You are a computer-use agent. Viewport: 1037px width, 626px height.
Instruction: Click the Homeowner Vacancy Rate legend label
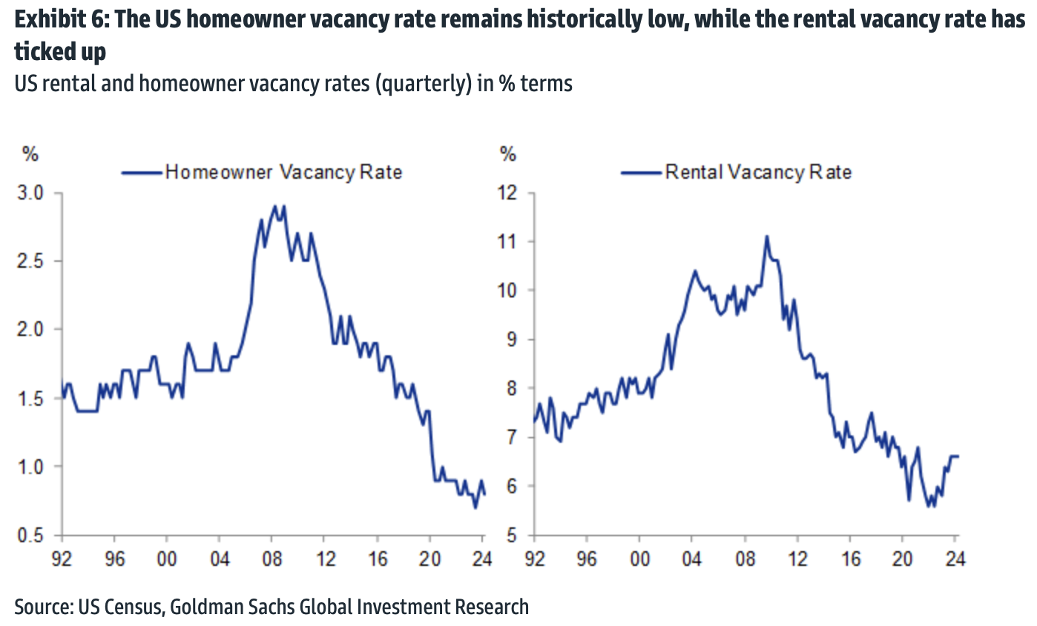click(x=283, y=173)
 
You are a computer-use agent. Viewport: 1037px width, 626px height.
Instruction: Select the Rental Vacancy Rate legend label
click(x=758, y=173)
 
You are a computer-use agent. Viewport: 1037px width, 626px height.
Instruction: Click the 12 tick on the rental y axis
click(x=508, y=193)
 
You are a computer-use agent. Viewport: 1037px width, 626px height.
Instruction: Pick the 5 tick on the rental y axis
click(x=512, y=536)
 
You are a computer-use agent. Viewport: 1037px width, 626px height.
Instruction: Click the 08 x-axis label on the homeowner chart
click(x=272, y=556)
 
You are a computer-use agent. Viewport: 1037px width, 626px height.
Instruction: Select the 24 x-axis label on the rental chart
click(x=955, y=556)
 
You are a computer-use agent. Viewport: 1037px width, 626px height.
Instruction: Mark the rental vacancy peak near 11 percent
click(x=767, y=237)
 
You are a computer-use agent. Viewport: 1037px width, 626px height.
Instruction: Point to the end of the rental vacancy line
click(x=958, y=456)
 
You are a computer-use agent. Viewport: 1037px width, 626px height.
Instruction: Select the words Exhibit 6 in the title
click(x=56, y=20)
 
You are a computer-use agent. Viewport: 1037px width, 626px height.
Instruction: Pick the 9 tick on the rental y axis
click(x=512, y=340)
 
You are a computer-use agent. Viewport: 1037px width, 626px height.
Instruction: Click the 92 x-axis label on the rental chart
click(x=533, y=556)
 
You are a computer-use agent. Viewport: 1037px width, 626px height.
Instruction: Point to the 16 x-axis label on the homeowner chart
click(x=378, y=556)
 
